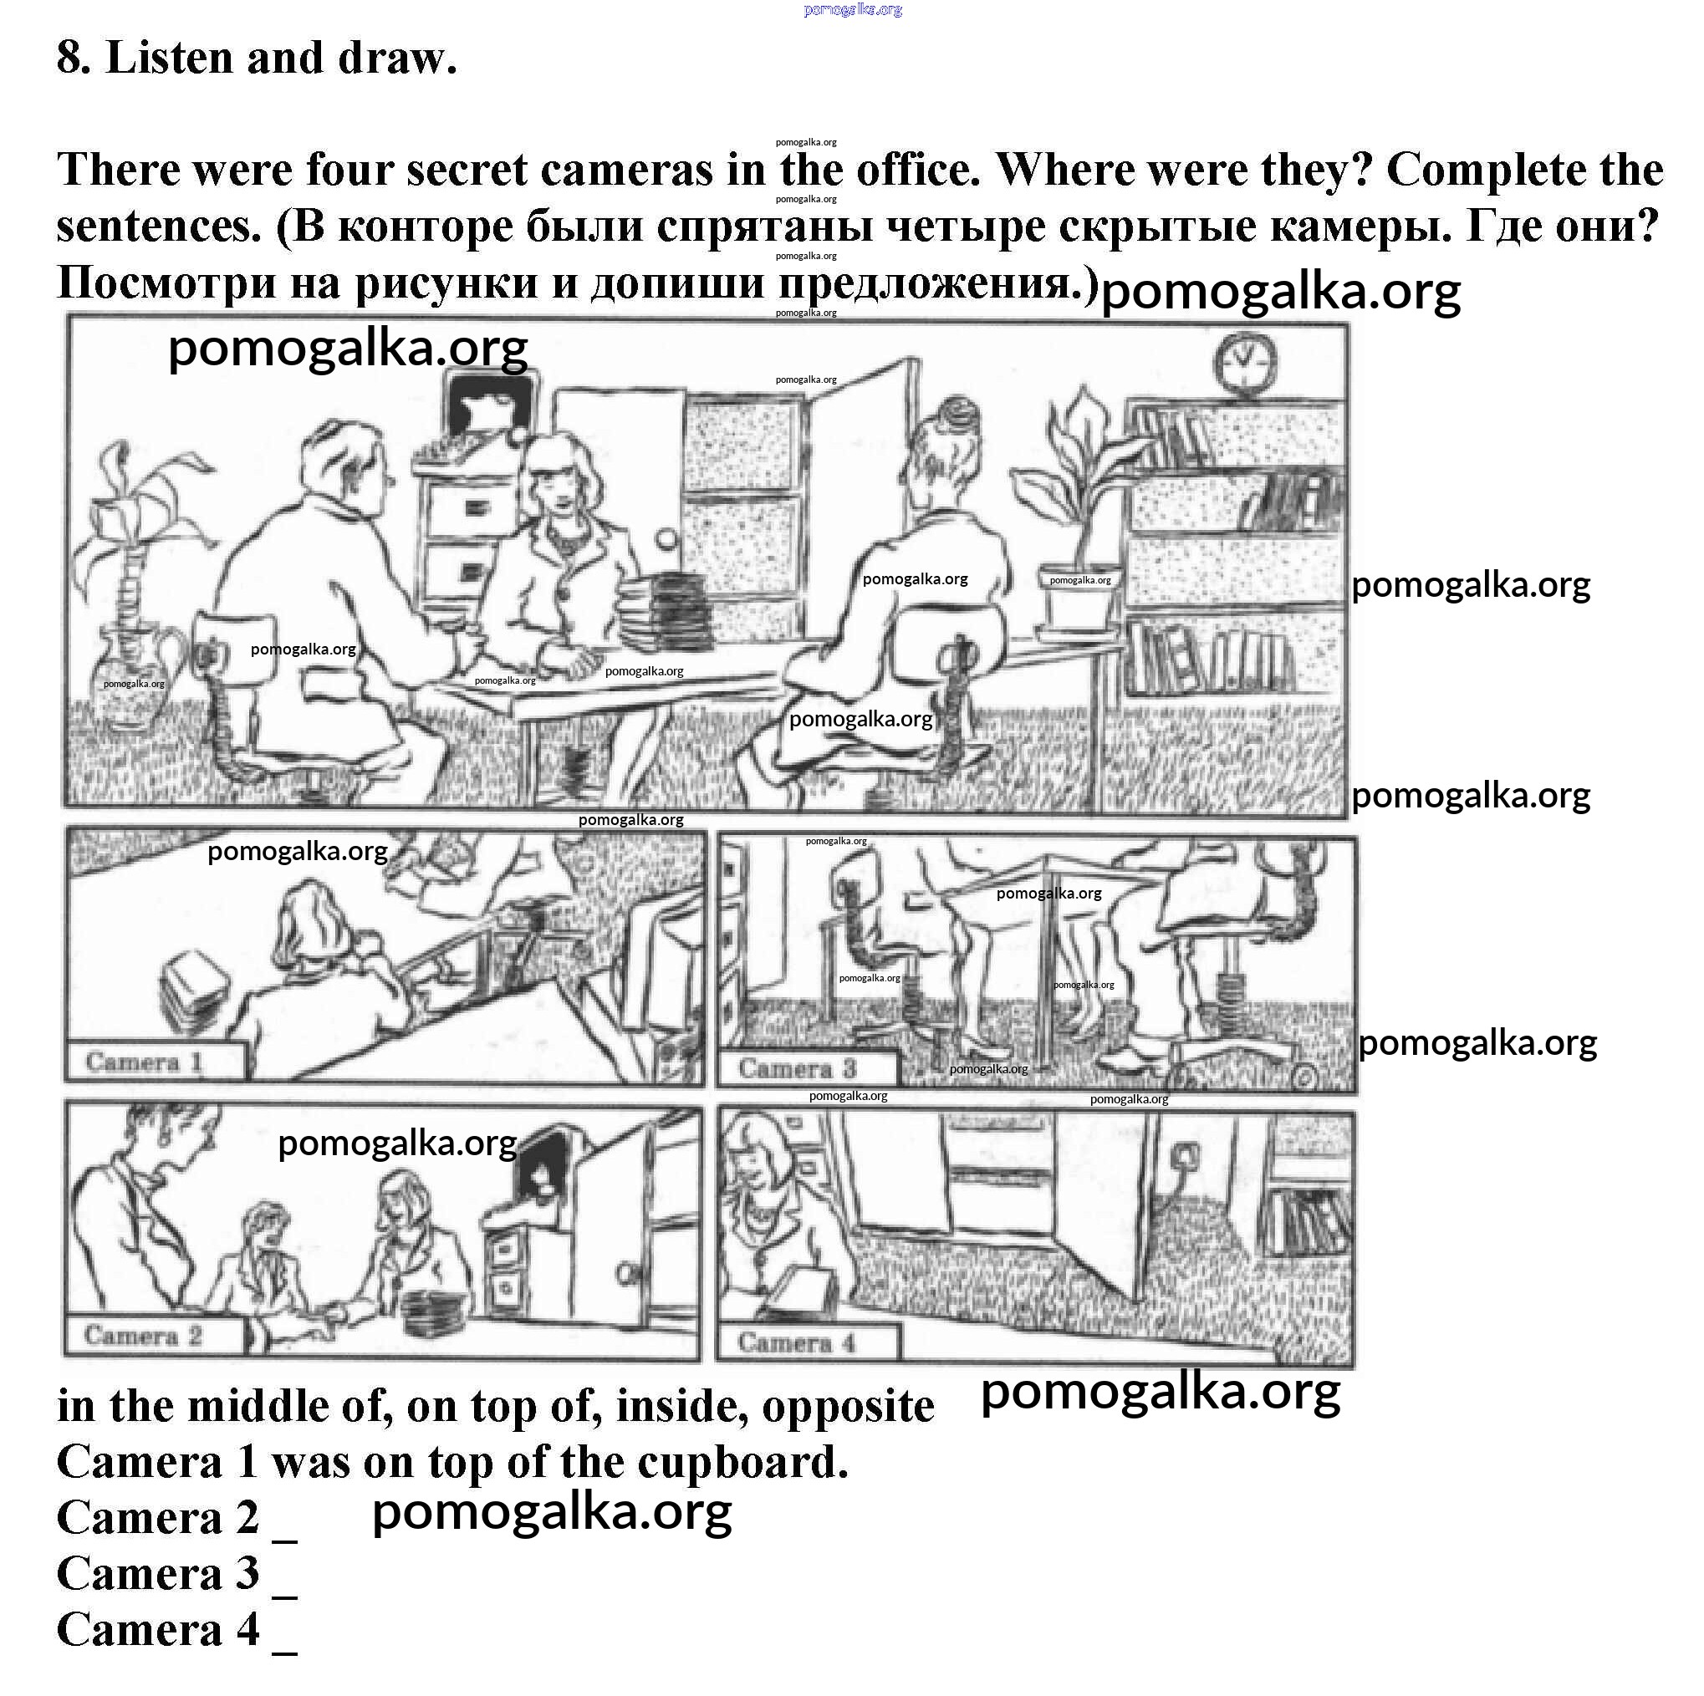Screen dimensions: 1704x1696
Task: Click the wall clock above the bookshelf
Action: pos(1244,364)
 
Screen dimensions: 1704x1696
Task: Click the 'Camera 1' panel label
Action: pos(145,1062)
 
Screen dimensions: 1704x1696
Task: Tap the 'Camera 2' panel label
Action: pos(143,1335)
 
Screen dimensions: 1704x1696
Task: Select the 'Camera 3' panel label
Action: pos(798,1068)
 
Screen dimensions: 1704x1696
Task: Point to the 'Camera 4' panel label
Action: pos(797,1342)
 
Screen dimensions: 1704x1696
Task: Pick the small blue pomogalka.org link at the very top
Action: pos(853,10)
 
